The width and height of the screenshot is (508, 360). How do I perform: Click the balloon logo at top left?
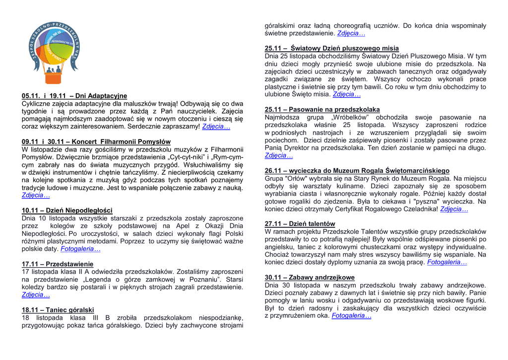point(54,48)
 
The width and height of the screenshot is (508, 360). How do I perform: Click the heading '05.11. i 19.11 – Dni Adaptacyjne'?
point(74,96)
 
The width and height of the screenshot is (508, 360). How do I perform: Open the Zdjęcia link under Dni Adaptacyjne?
point(216,127)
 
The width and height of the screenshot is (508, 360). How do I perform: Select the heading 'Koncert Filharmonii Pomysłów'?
point(96,142)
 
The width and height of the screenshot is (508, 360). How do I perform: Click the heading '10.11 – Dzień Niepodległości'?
point(67,210)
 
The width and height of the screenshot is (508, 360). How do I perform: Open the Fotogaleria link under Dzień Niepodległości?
point(80,249)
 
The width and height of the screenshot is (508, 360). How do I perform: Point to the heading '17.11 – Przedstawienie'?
point(58,264)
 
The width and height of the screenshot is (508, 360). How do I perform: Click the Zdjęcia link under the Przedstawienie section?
point(36,294)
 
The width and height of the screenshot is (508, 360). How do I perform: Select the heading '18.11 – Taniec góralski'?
point(58,310)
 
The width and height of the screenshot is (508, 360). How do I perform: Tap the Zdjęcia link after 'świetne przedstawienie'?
point(351,33)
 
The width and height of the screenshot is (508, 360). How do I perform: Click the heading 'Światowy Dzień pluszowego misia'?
point(331,48)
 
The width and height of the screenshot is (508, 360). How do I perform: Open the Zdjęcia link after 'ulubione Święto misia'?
point(347,94)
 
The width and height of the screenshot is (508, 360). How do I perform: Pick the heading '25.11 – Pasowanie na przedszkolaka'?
point(322,109)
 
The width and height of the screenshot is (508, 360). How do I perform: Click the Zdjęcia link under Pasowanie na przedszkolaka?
point(279,155)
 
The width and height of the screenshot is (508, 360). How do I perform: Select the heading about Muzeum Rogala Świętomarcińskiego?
point(357,170)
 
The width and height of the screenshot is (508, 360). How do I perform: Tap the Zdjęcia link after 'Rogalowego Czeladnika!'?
point(454,209)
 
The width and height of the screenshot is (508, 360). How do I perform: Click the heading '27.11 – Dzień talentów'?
point(300,224)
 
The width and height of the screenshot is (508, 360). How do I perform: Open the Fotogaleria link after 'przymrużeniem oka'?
point(351,315)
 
